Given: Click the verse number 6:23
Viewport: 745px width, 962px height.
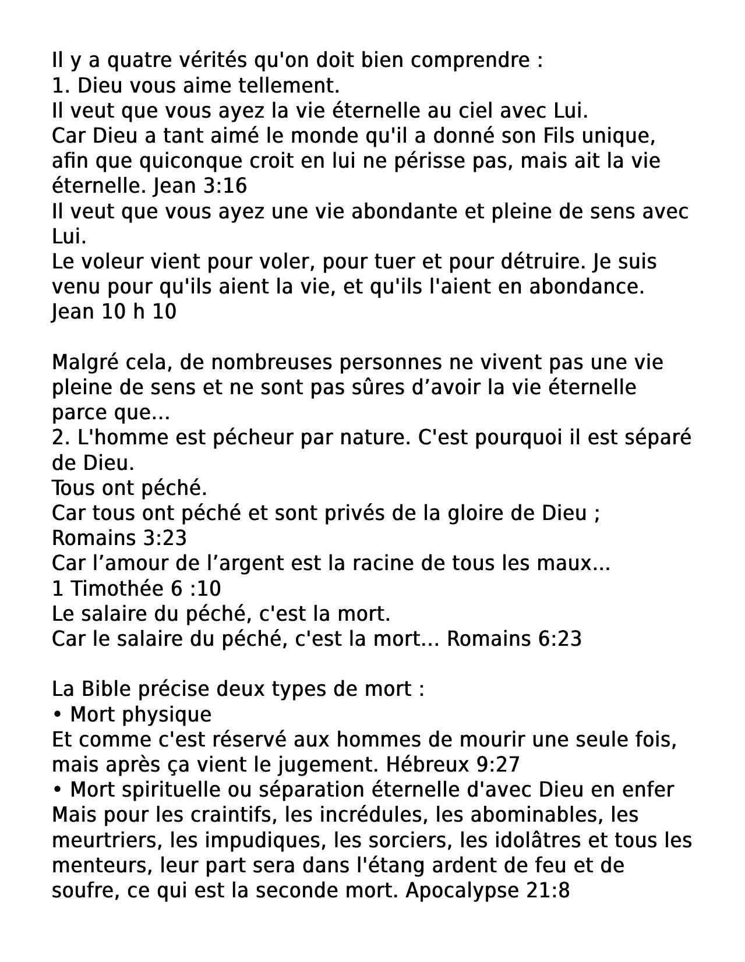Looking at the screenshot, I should click(x=560, y=639).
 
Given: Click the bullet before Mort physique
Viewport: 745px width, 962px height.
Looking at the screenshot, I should click(x=57, y=715).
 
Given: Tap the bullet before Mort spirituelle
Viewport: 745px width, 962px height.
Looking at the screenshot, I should click(x=57, y=790).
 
